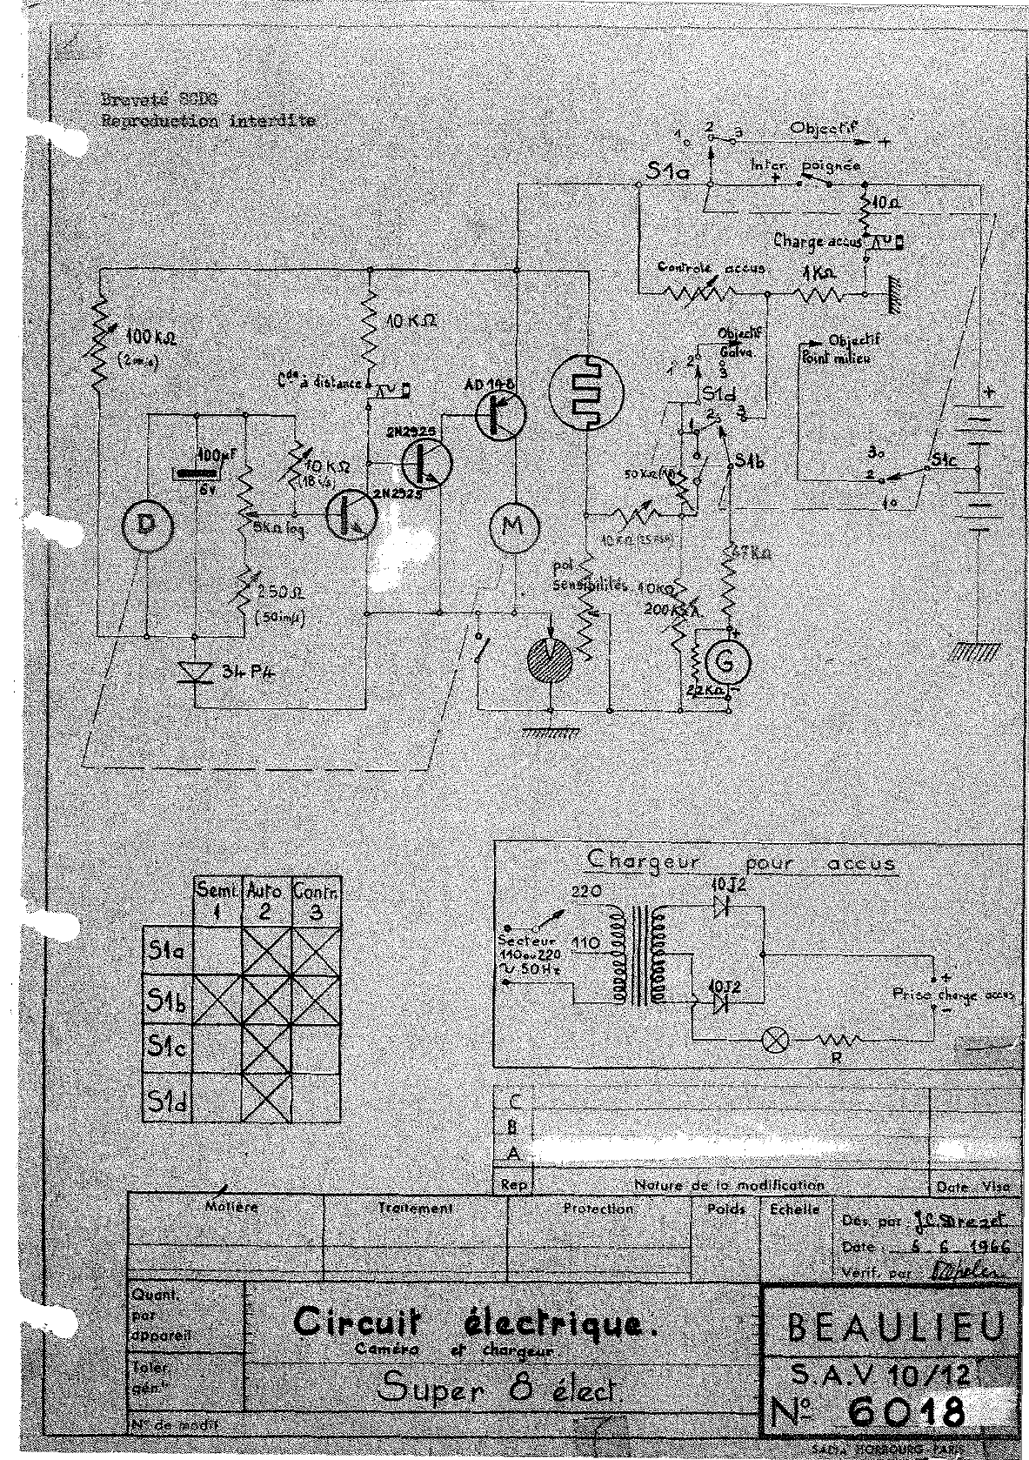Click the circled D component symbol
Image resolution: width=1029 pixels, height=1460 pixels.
pyautogui.click(x=143, y=525)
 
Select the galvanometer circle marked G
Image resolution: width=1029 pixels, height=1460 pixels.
pyautogui.click(x=728, y=664)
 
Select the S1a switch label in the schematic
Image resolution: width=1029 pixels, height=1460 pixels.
pyautogui.click(x=669, y=172)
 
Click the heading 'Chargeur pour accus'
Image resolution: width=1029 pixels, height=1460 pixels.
pyautogui.click(x=740, y=862)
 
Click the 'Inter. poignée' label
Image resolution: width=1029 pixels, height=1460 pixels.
pyautogui.click(x=805, y=164)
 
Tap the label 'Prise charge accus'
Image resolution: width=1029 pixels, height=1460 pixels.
pyautogui.click(x=949, y=995)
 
